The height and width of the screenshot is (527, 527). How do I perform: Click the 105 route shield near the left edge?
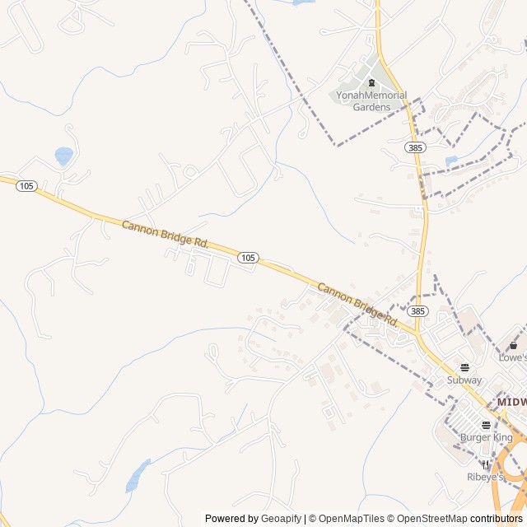[x=26, y=186]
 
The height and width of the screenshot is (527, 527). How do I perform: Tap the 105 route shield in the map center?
[x=248, y=258]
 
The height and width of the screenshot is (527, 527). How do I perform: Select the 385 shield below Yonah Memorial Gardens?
[x=414, y=147]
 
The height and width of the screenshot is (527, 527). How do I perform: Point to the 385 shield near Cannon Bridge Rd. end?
[x=417, y=311]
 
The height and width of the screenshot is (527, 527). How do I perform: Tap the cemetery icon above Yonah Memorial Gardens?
[x=371, y=82]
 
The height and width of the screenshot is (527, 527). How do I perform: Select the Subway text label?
[x=464, y=380]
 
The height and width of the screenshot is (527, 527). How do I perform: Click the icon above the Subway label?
[x=464, y=367]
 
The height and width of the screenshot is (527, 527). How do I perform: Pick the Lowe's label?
[x=512, y=357]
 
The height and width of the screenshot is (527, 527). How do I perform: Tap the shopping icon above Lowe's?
[x=514, y=345]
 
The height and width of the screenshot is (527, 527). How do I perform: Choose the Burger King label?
[x=486, y=437]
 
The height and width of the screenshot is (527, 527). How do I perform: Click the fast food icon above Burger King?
[x=486, y=425]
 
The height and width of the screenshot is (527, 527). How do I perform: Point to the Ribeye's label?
[x=484, y=477]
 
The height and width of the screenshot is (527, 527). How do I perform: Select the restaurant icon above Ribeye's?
[x=485, y=464]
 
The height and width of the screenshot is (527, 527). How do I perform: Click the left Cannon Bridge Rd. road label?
[x=166, y=234]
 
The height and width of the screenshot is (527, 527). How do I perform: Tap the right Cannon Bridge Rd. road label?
[x=358, y=303]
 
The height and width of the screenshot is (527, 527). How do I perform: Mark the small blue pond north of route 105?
[x=63, y=154]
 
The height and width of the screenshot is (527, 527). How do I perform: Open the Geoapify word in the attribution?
[x=281, y=519]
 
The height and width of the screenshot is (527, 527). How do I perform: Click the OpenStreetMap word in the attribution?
[x=433, y=519]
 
